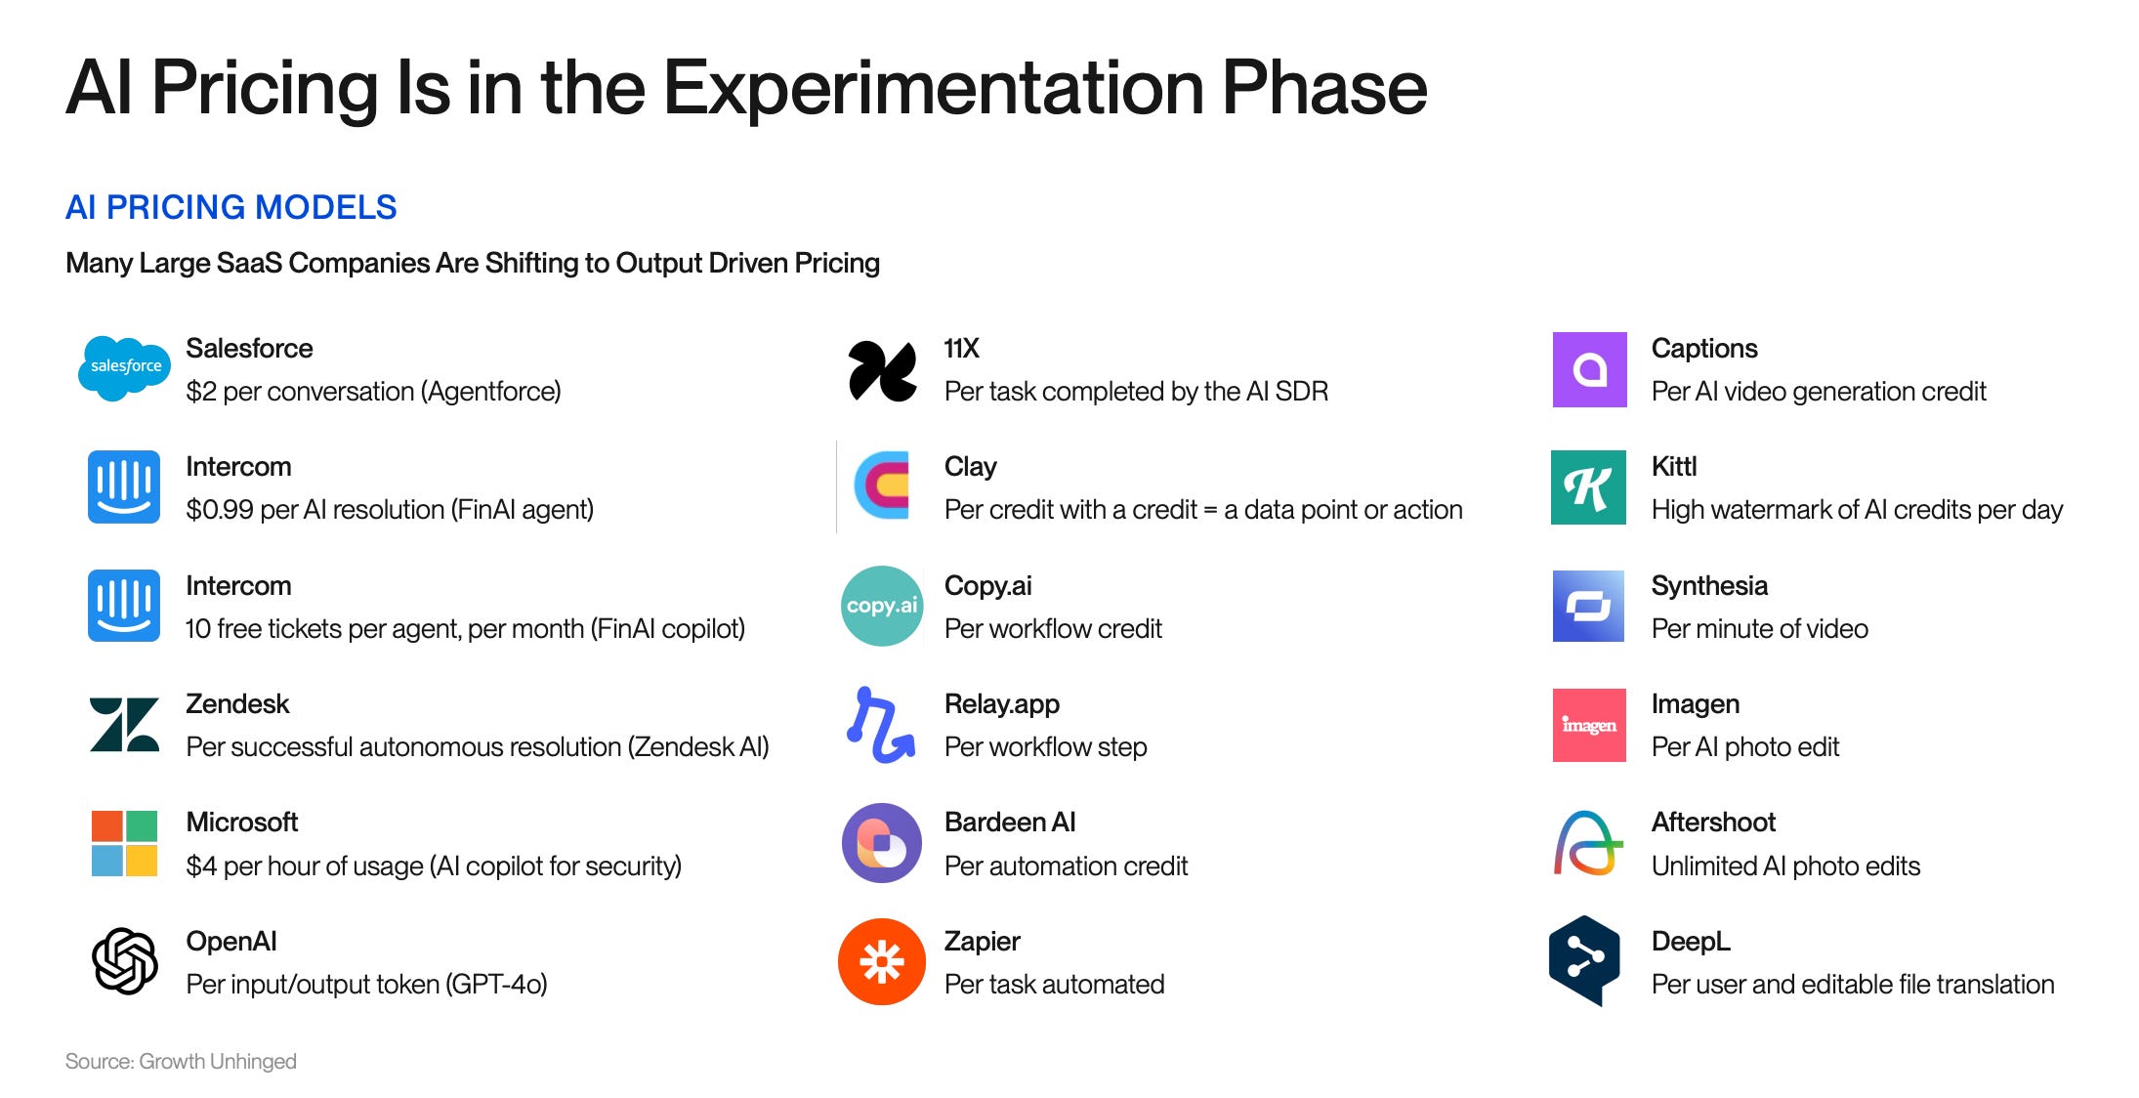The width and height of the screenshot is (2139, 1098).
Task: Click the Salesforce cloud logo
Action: tap(125, 368)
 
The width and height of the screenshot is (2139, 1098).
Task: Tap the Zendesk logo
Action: tap(124, 725)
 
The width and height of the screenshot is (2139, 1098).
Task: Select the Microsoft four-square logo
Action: tap(124, 843)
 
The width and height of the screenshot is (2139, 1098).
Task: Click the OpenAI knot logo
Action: tap(124, 961)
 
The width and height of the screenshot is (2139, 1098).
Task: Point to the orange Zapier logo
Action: tap(881, 961)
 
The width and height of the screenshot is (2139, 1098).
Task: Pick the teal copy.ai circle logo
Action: tap(881, 606)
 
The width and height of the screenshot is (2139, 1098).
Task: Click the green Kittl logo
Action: tap(1588, 487)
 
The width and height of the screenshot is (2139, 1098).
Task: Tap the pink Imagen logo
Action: tap(1588, 725)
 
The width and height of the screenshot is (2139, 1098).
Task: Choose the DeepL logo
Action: tap(1584, 960)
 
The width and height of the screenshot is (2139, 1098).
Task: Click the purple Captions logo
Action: tap(1589, 369)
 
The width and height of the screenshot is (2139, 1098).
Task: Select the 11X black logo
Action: tap(882, 370)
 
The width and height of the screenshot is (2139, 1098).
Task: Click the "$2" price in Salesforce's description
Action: tap(200, 392)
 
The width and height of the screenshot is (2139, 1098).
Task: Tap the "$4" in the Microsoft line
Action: tap(200, 866)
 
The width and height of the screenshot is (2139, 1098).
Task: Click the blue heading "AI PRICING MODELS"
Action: tap(231, 207)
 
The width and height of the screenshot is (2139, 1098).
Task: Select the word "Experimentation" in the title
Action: tap(933, 88)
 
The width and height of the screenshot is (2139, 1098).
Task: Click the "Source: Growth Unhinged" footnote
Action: tap(181, 1061)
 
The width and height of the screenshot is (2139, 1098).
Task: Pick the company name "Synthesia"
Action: tap(1708, 585)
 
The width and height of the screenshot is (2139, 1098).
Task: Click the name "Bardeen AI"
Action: tap(1009, 823)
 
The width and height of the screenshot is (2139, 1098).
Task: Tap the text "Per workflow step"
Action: tap(1045, 747)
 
